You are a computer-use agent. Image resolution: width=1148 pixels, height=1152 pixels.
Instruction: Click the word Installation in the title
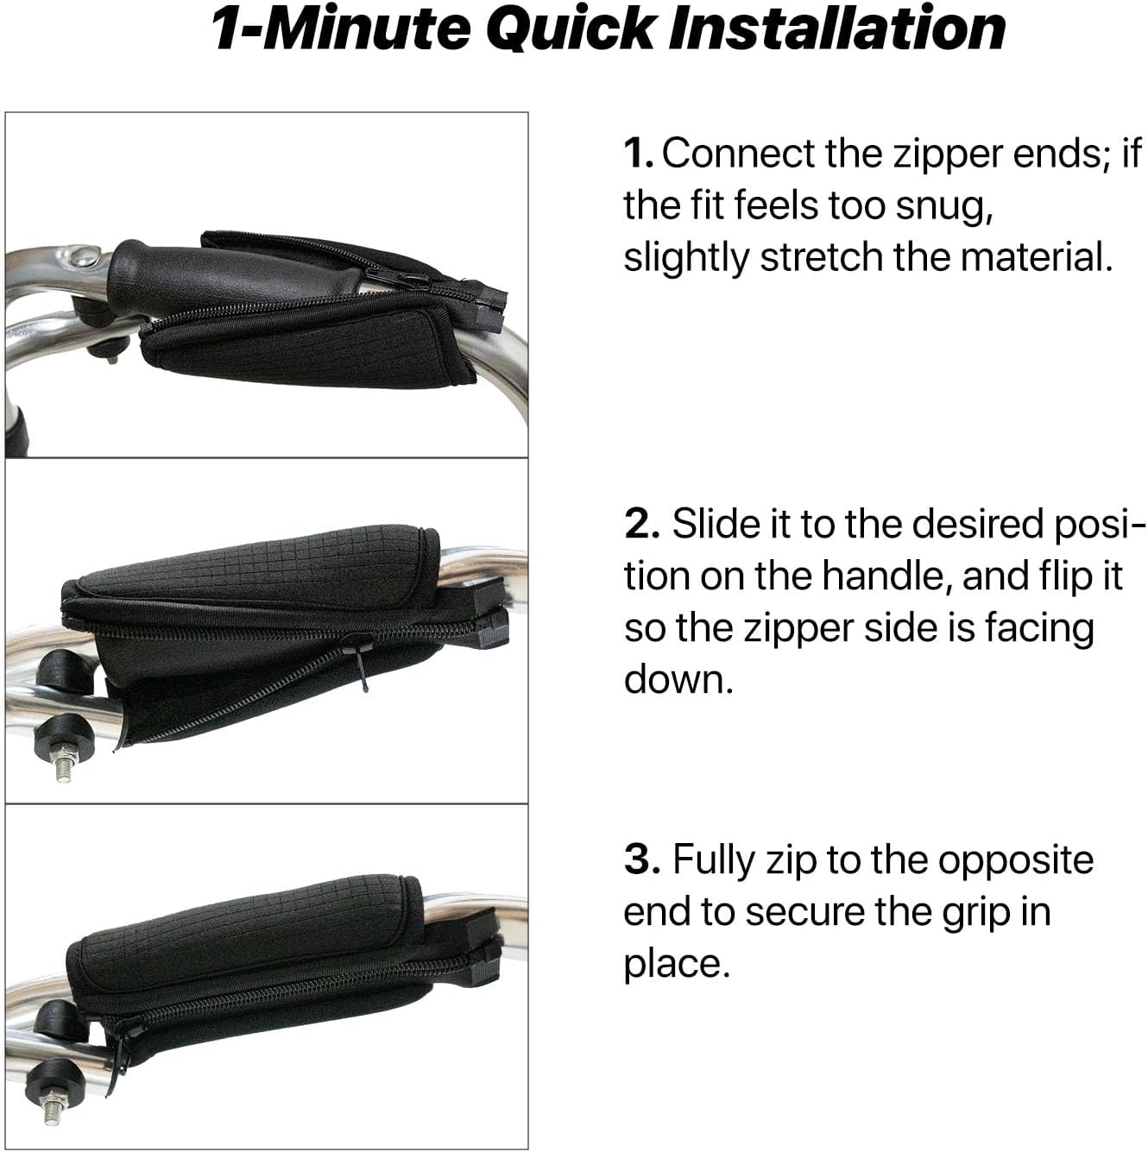[837, 28]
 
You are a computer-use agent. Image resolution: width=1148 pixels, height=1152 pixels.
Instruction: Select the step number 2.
[641, 524]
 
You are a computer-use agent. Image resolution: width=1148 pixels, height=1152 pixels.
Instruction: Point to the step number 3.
[641, 859]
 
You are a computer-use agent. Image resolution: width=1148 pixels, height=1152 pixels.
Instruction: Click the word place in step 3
[677, 966]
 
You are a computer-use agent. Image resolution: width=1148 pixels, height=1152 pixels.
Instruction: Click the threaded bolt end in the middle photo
[63, 767]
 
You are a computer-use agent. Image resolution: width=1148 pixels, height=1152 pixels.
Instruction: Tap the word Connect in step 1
[738, 153]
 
